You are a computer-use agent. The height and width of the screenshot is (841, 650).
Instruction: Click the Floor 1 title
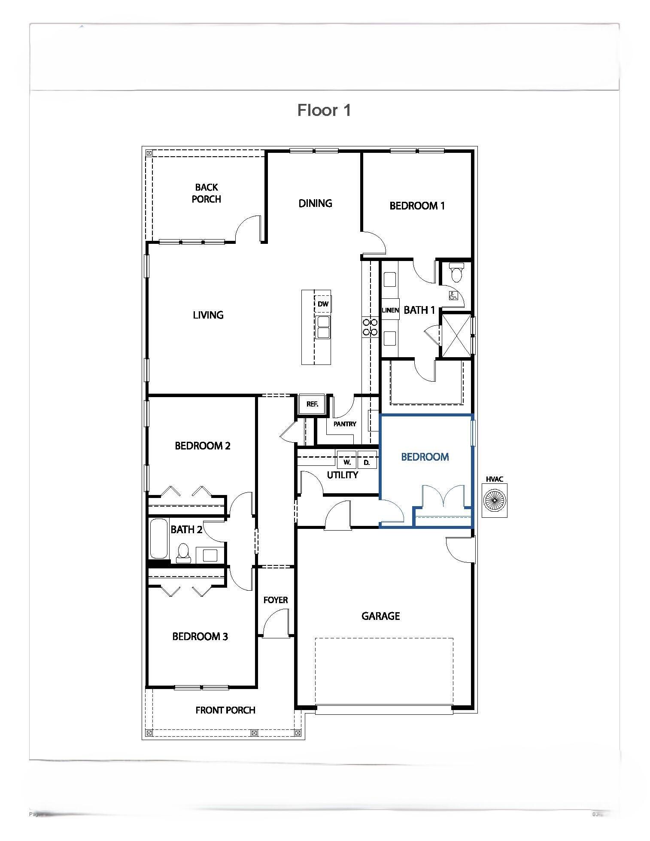pyautogui.click(x=324, y=110)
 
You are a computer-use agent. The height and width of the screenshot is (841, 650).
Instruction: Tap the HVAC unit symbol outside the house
pyautogui.click(x=494, y=500)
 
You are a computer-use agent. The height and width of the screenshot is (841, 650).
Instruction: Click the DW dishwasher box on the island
pyautogui.click(x=323, y=304)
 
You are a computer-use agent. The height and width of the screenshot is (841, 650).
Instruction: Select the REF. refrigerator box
pyautogui.click(x=312, y=404)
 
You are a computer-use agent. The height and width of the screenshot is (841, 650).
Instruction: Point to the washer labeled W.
pyautogui.click(x=347, y=462)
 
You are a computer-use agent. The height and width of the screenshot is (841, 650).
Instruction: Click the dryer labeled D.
pyautogui.click(x=367, y=462)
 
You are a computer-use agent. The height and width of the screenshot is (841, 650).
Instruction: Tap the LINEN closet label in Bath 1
pyautogui.click(x=390, y=310)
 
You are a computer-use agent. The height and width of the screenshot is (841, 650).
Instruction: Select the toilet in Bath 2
pyautogui.click(x=183, y=553)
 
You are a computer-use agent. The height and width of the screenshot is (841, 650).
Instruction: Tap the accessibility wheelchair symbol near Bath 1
pyautogui.click(x=453, y=295)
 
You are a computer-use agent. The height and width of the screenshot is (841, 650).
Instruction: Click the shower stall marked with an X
pyautogui.click(x=456, y=335)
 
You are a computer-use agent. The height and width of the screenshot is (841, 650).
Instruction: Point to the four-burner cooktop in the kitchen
pyautogui.click(x=370, y=327)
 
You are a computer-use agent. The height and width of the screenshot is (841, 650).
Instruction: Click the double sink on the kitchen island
pyautogui.click(x=322, y=327)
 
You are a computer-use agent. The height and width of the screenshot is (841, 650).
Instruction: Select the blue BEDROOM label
pyautogui.click(x=425, y=457)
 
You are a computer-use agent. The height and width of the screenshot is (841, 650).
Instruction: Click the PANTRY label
pyautogui.click(x=345, y=424)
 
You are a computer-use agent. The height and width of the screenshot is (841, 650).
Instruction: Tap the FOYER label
pyautogui.click(x=275, y=600)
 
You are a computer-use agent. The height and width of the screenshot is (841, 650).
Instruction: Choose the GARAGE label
pyautogui.click(x=380, y=616)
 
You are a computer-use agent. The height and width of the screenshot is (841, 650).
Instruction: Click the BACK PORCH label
pyautogui.click(x=207, y=193)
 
